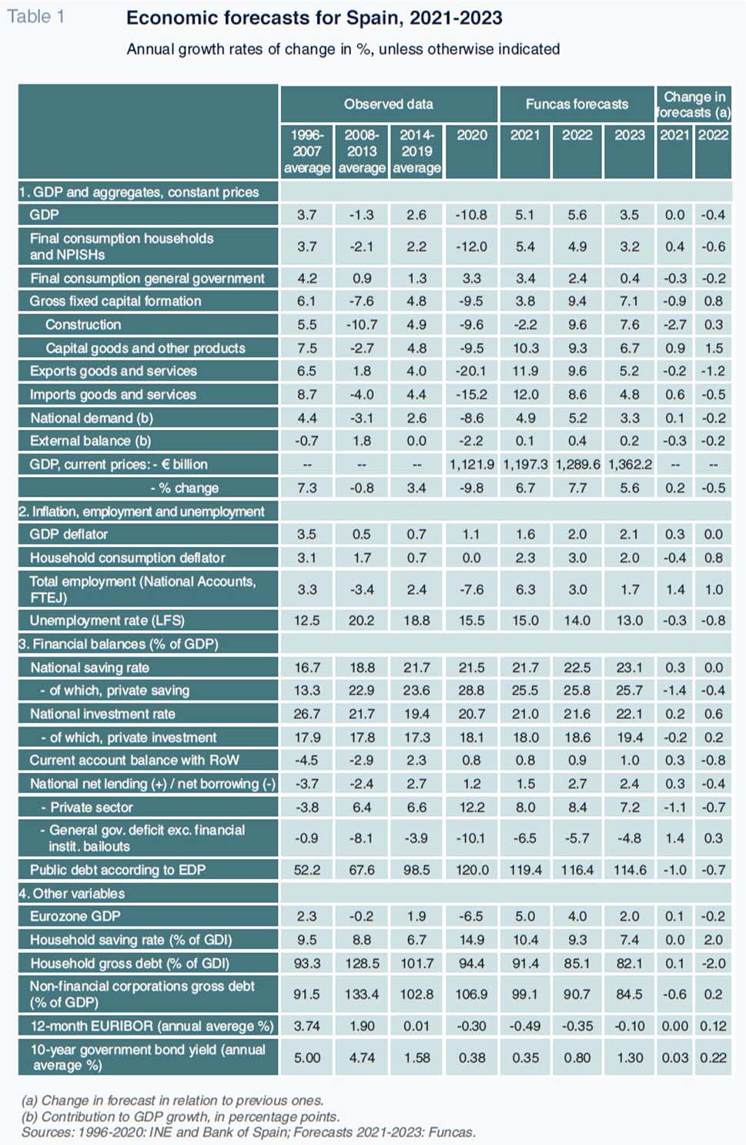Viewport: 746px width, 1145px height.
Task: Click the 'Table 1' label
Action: click(x=35, y=16)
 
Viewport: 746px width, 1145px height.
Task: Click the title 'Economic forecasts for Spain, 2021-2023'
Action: click(x=314, y=18)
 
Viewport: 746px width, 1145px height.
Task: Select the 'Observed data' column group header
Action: click(x=388, y=104)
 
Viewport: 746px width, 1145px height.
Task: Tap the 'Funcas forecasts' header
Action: click(x=577, y=104)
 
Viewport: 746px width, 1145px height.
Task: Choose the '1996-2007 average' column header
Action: click(x=307, y=151)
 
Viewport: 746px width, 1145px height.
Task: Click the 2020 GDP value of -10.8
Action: click(x=471, y=215)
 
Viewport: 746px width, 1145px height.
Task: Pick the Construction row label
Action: click(x=83, y=324)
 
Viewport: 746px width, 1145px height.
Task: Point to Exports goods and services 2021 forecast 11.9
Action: click(x=525, y=371)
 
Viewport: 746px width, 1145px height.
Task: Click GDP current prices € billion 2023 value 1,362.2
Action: click(x=630, y=465)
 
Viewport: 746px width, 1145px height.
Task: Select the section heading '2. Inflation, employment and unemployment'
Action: click(x=142, y=512)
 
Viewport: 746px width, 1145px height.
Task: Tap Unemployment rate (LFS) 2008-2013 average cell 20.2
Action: click(x=362, y=620)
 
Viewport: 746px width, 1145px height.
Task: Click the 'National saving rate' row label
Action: click(x=90, y=667)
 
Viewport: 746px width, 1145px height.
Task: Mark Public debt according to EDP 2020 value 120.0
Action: click(x=472, y=870)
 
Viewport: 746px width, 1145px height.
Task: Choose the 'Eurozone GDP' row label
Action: click(x=75, y=916)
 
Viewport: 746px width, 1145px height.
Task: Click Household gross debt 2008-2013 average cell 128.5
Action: click(x=362, y=963)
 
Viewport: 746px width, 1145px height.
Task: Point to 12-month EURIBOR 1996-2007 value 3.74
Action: click(x=307, y=1026)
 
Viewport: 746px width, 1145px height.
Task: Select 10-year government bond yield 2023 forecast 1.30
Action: click(x=630, y=1058)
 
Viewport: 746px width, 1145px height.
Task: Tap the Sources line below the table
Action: click(x=249, y=1132)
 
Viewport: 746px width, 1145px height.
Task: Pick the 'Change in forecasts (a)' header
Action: click(x=694, y=104)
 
